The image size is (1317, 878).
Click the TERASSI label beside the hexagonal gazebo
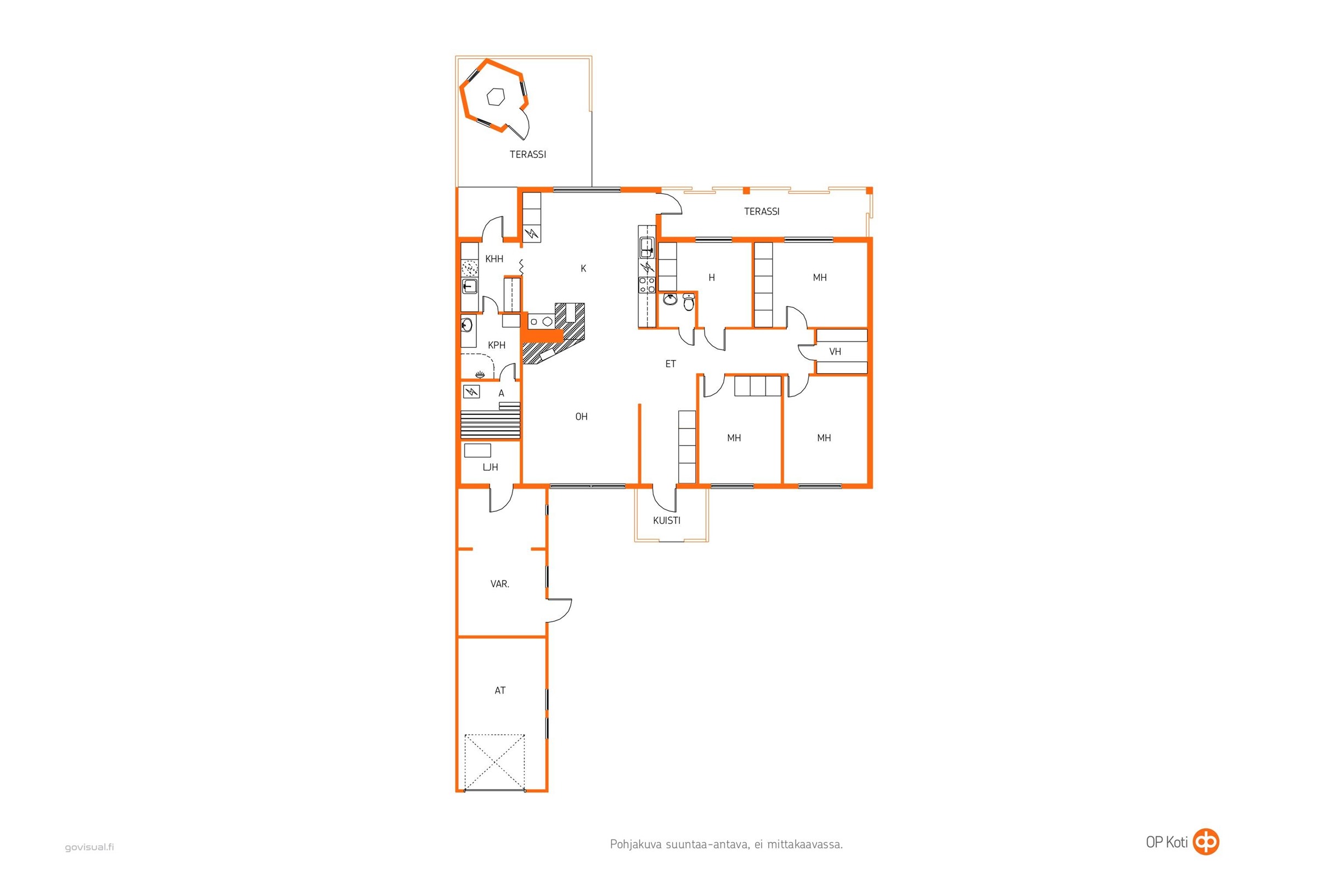(527, 155)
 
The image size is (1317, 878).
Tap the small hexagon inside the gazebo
(496, 97)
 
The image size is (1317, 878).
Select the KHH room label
(494, 259)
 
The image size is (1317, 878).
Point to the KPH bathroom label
(497, 346)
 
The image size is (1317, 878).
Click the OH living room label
(581, 417)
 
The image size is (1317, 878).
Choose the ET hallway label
(670, 364)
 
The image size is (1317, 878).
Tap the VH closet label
(835, 352)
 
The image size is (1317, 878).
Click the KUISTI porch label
(667, 521)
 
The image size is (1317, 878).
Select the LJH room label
(490, 468)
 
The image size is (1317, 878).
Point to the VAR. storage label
(499, 584)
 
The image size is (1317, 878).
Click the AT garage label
(500, 691)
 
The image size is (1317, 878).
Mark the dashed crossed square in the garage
(495, 762)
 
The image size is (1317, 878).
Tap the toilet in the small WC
(689, 302)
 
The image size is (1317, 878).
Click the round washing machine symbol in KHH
(470, 269)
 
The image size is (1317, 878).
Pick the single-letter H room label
(712, 278)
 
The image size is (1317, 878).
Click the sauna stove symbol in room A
(471, 391)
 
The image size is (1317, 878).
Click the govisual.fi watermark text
(89, 847)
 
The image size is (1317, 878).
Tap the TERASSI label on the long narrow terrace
(762, 212)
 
